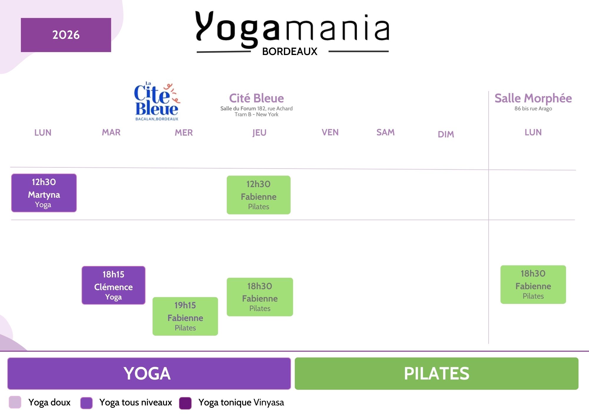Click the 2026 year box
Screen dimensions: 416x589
(66, 35)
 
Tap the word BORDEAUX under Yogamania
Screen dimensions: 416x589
(290, 51)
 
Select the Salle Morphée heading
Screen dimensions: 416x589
(533, 98)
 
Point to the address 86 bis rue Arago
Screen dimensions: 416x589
(533, 109)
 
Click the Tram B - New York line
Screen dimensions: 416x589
(256, 114)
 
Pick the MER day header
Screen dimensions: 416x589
(184, 133)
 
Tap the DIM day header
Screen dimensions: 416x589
(446, 134)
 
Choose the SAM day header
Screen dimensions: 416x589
(386, 132)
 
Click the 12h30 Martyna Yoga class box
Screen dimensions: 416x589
(44, 193)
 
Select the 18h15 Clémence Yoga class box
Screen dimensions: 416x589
(113, 285)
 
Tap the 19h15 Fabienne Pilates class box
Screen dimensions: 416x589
(185, 316)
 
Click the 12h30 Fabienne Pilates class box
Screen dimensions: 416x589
(259, 195)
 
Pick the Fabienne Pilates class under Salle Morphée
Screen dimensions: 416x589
(533, 284)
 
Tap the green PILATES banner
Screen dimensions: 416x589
(436, 374)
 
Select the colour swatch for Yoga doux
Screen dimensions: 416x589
(15, 402)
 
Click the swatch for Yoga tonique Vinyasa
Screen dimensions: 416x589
(185, 403)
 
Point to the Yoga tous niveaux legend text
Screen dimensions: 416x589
(135, 402)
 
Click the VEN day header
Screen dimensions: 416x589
(330, 132)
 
